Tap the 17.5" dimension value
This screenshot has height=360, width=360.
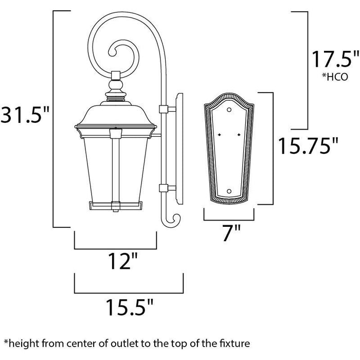tap(335, 59)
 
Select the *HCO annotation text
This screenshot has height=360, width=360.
tap(335, 77)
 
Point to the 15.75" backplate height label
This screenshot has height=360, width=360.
tap(308, 146)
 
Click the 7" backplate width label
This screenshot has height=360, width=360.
tap(231, 233)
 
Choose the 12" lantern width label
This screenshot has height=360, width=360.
tap(122, 261)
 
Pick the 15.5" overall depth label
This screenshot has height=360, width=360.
tap(130, 307)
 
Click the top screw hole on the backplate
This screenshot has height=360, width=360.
tap(229, 110)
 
